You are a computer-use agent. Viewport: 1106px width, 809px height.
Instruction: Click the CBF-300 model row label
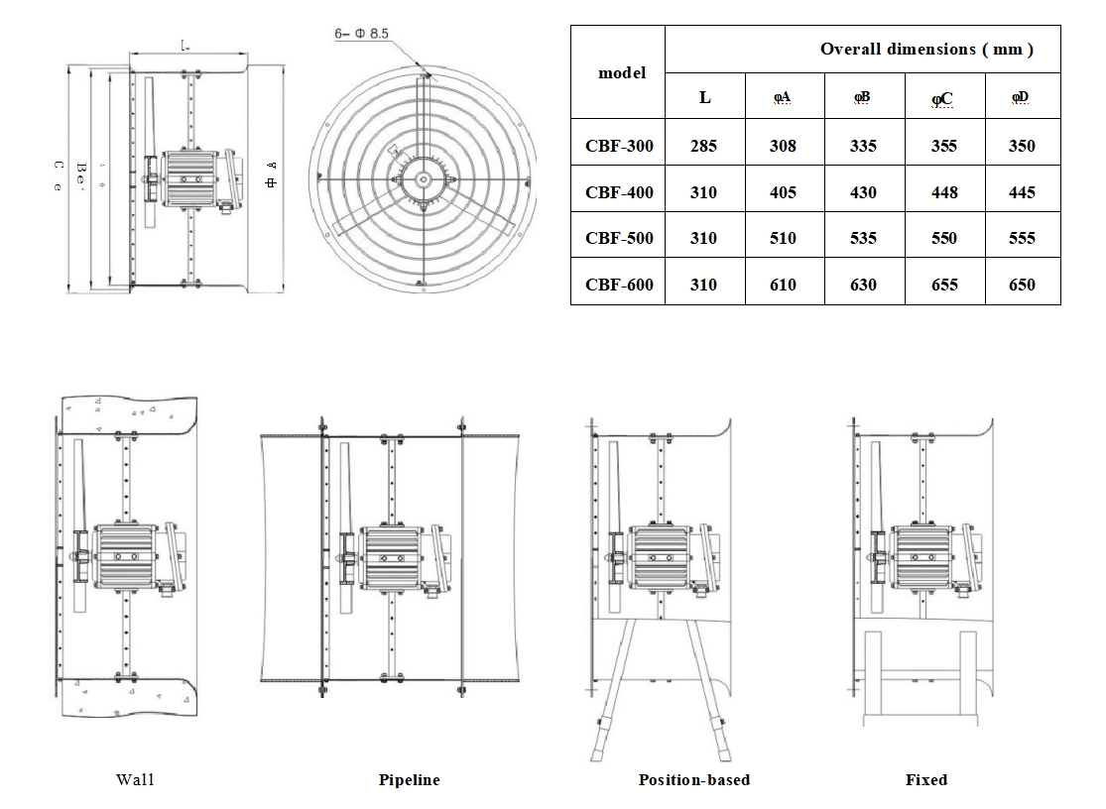(x=619, y=146)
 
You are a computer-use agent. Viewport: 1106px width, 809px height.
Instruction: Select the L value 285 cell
(x=703, y=146)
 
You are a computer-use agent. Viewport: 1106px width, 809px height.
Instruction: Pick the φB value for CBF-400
(x=863, y=192)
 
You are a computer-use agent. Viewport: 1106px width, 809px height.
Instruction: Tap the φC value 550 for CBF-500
(x=943, y=238)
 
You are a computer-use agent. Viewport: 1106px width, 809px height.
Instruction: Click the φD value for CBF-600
(x=1021, y=285)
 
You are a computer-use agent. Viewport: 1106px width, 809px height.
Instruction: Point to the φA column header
(x=783, y=97)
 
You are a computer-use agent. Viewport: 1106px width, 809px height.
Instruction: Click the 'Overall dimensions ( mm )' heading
(x=925, y=50)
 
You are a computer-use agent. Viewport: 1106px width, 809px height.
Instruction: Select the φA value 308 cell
(x=783, y=146)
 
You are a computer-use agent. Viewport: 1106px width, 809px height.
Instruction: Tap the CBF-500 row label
(x=619, y=238)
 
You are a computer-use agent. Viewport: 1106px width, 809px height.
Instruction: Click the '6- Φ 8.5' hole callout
(x=362, y=34)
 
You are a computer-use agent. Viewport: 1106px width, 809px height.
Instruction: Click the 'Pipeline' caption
(x=409, y=779)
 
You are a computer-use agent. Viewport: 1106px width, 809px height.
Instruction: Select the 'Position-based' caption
(x=693, y=779)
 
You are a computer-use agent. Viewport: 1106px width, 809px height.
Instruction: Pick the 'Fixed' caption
(x=925, y=779)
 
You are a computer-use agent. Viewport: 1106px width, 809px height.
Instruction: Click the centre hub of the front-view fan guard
(x=424, y=179)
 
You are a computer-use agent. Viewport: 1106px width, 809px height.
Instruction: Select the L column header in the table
(x=703, y=97)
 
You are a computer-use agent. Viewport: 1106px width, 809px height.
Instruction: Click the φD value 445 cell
(x=1021, y=192)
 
